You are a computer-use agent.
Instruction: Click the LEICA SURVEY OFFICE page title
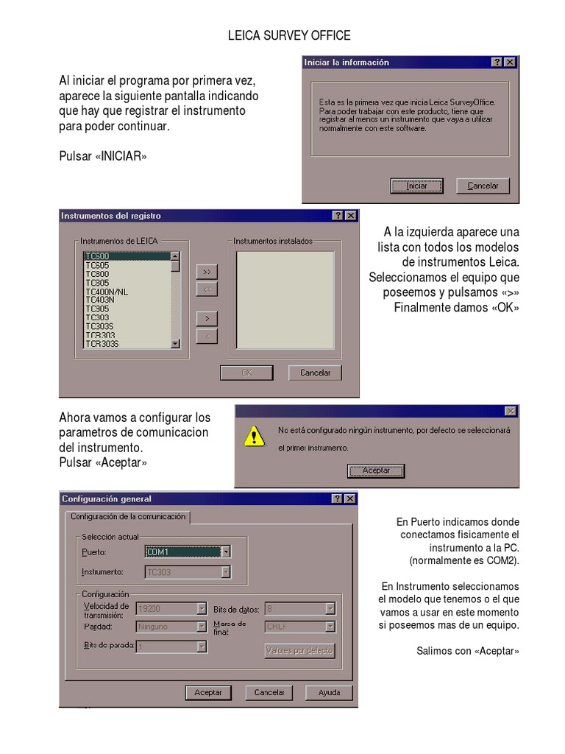tap(289, 35)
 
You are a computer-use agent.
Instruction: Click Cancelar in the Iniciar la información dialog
tap(483, 186)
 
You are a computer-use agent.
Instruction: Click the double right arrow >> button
tap(207, 272)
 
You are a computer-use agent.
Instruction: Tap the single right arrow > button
tap(207, 318)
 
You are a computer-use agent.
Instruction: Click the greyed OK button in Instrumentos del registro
tap(246, 373)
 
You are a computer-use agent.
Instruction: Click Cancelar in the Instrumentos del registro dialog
tap(315, 373)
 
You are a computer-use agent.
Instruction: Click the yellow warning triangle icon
tap(254, 436)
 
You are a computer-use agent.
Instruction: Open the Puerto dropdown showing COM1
tap(188, 552)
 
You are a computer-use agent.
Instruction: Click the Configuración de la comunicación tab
tap(128, 517)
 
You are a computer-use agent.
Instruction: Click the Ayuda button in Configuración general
tap(329, 693)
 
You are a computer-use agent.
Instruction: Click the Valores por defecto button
tap(299, 650)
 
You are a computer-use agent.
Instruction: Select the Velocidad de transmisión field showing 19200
tap(171, 609)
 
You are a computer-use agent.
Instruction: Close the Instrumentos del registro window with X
tap(350, 216)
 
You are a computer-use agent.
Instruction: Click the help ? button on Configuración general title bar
tap(338, 499)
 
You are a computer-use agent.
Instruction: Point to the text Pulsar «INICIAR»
tap(103, 156)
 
